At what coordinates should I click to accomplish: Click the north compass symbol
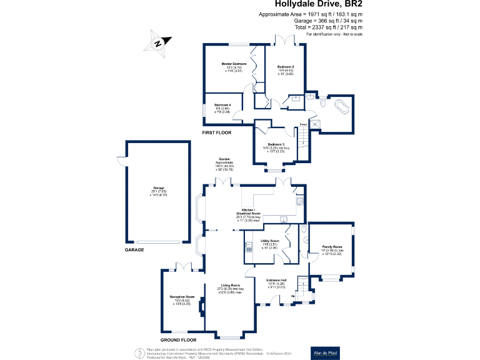point(157,42)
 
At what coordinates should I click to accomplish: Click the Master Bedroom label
point(234,67)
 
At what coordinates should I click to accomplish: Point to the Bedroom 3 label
point(276,146)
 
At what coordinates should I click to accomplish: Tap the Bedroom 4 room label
point(222,107)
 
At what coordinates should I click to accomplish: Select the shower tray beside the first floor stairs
point(317,122)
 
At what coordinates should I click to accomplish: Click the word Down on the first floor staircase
point(302,124)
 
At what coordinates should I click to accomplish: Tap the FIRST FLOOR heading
point(216,133)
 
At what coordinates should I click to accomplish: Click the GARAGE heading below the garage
point(134,249)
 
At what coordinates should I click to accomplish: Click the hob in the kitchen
point(299,201)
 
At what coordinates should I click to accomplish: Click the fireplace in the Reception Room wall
point(201,307)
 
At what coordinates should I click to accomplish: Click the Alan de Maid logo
point(326,352)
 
